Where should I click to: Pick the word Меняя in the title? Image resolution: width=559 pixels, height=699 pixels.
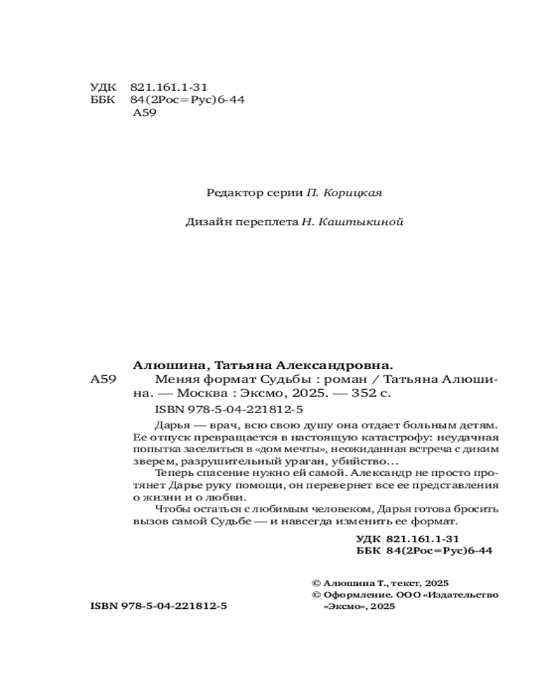[x=171, y=380]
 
